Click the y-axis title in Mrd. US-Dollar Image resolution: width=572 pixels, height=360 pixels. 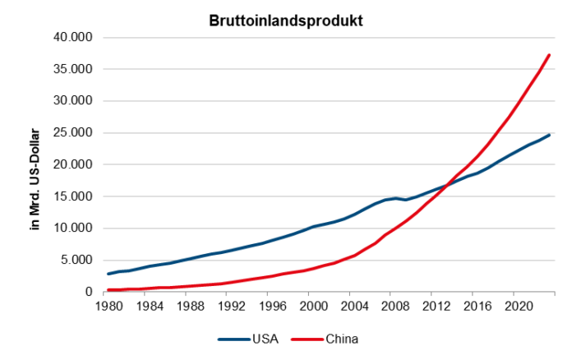pyautogui.click(x=34, y=165)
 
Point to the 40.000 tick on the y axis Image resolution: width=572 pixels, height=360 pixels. pyautogui.click(x=73, y=38)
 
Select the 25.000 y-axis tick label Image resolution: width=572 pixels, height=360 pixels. pyautogui.click(x=73, y=133)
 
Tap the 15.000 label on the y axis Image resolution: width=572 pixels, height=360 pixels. pyautogui.click(x=73, y=196)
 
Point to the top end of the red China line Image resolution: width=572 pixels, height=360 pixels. pyautogui.click(x=549, y=55)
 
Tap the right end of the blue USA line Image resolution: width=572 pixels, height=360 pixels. pyautogui.click(x=549, y=135)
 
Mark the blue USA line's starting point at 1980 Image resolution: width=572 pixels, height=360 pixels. pyautogui.click(x=108, y=274)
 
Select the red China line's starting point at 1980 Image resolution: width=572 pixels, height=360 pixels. pyautogui.click(x=108, y=289)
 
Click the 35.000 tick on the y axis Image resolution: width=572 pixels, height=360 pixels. pyautogui.click(x=73, y=70)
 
